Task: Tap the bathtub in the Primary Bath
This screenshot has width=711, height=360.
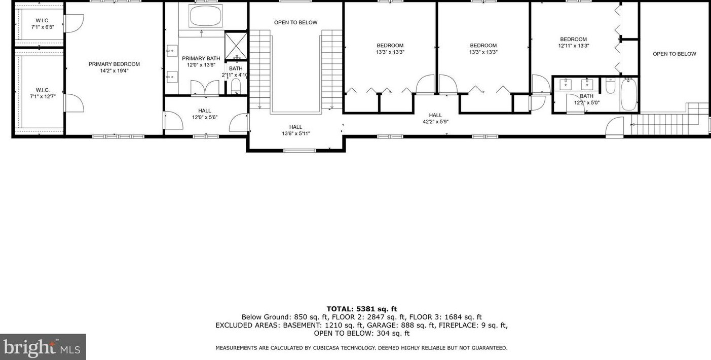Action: (x=205, y=16)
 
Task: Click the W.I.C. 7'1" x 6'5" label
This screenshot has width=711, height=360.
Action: (x=42, y=23)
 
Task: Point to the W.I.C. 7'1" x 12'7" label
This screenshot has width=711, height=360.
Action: (x=42, y=93)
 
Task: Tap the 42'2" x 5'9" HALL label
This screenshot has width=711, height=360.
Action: (x=435, y=118)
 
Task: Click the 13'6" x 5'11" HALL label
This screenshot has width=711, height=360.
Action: (x=295, y=130)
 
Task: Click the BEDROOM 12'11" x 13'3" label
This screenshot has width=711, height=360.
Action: (x=573, y=42)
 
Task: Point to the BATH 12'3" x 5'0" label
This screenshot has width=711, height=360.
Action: (x=586, y=99)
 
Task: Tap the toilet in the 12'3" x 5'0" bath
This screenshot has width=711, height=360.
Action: (x=610, y=87)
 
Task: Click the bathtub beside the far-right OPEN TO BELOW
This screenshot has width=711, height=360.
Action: (x=628, y=94)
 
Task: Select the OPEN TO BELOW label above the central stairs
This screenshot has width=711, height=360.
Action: (x=295, y=22)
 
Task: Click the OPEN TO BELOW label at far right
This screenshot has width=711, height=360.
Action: (x=674, y=54)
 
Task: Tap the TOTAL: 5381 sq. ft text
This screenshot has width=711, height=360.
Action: (x=361, y=309)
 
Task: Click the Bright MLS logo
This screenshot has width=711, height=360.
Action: (x=43, y=347)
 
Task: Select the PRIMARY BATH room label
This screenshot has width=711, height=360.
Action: (x=201, y=61)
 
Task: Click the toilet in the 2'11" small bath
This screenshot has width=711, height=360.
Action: (x=236, y=87)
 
